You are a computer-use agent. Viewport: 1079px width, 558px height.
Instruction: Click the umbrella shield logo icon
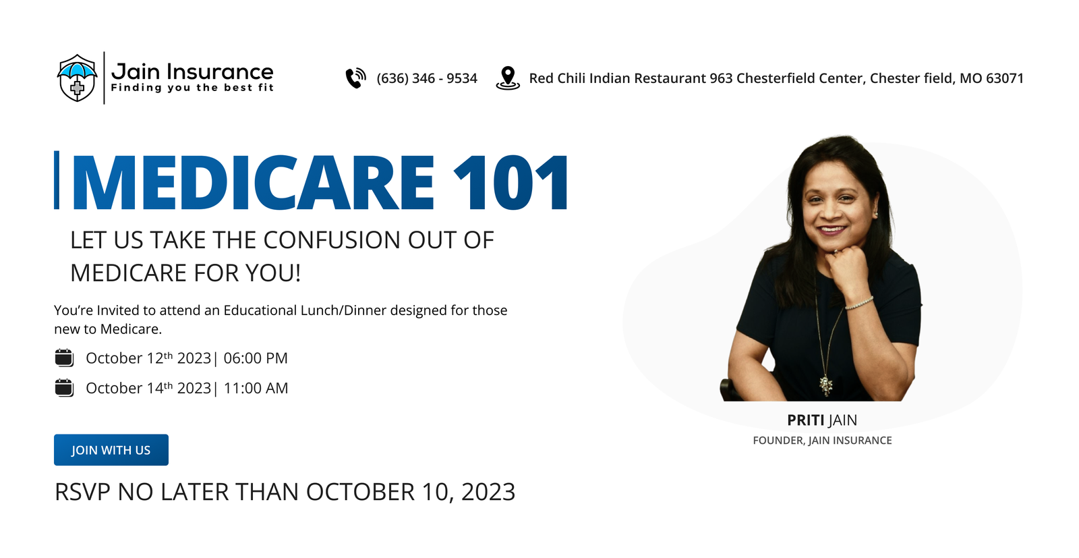pos(77,78)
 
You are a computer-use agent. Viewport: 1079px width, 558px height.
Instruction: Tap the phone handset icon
pos(356,78)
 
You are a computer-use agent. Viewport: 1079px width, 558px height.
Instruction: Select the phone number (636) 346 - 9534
pos(427,78)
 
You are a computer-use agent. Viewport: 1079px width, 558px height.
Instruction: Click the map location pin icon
pos(508,78)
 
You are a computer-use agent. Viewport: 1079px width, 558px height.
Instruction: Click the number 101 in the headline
pos(511,182)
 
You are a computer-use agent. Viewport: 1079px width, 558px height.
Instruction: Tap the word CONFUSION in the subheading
pos(332,240)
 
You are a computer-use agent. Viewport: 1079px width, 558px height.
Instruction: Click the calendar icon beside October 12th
pos(64,358)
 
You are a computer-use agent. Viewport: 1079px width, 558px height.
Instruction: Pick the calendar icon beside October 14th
pos(64,388)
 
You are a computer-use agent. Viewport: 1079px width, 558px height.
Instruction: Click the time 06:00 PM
pos(256,358)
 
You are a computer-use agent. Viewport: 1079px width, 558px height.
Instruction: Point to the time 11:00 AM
pos(256,388)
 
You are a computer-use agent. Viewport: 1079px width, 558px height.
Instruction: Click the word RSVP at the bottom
pos(82,492)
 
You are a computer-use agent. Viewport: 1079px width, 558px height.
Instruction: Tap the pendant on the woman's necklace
pos(826,385)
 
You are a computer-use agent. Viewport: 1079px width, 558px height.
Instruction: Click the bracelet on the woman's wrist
pos(859,304)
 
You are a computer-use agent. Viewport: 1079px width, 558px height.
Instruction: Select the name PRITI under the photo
pos(805,420)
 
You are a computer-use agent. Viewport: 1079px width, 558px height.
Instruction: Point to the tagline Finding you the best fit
pos(192,88)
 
